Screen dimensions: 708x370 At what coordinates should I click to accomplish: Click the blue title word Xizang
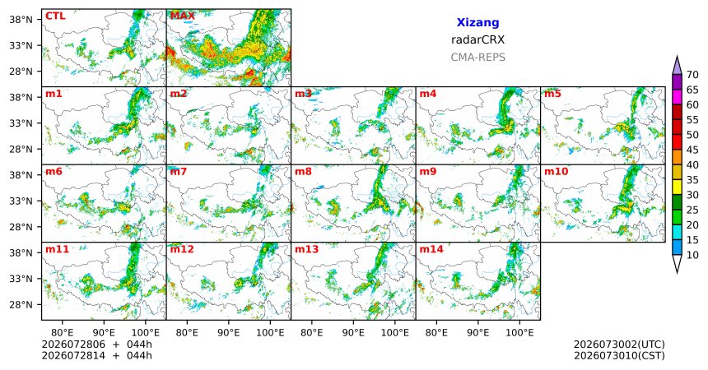477,22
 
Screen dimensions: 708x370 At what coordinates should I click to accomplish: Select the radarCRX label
477,39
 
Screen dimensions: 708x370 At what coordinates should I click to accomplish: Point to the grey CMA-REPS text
477,58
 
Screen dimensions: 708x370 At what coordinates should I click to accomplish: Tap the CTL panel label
55,16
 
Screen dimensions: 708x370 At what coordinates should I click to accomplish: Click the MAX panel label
183,16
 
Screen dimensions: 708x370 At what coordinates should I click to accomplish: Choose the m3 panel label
303,94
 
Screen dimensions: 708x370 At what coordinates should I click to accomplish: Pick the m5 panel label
552,94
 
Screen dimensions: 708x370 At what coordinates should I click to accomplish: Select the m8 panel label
303,172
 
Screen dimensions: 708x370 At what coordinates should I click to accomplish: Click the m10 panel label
556,172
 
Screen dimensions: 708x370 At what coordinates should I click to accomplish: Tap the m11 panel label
57,249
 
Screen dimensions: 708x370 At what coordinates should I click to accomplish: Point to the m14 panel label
431,249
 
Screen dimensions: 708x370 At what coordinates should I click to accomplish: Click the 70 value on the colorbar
692,75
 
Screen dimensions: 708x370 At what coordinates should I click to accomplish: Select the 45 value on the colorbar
692,150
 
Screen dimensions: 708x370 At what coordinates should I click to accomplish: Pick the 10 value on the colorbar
692,255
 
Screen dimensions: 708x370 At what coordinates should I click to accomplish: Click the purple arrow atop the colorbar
677,66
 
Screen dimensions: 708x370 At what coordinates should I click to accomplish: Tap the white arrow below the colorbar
677,263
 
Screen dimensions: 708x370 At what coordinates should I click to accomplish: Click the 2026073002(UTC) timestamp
619,345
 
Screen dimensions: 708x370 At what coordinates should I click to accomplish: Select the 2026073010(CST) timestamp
619,355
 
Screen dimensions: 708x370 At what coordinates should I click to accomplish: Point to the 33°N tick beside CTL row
21,45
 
